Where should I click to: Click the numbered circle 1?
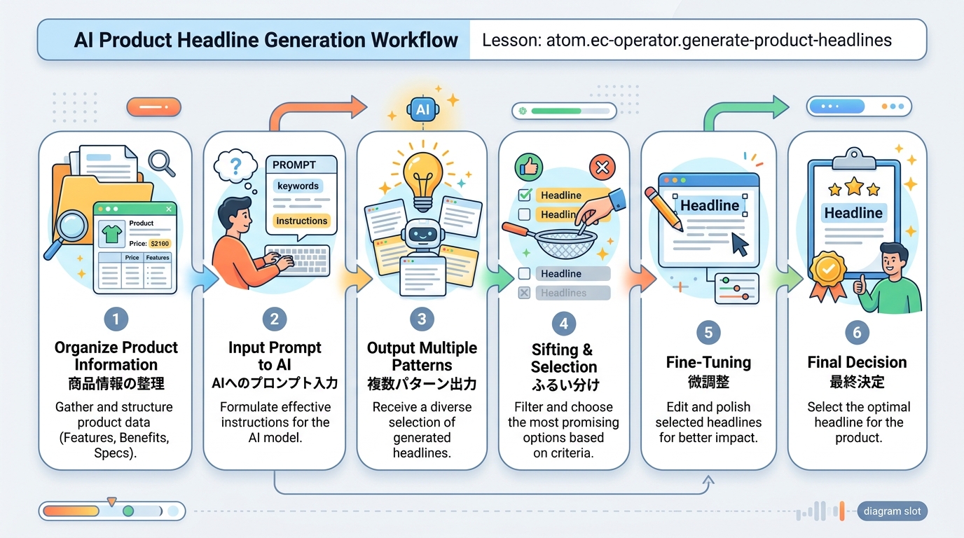pyautogui.click(x=116, y=320)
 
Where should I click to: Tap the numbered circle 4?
pyautogui.click(x=563, y=323)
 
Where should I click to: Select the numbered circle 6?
pyautogui.click(x=857, y=333)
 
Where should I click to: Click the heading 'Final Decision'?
pyautogui.click(x=857, y=362)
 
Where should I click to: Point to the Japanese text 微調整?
pyautogui.click(x=708, y=381)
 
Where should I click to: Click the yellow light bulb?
pyautogui.click(x=422, y=175)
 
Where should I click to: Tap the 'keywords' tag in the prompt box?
pyautogui.click(x=298, y=186)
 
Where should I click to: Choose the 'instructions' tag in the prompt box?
pyautogui.click(x=301, y=221)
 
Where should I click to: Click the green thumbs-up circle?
pyautogui.click(x=529, y=167)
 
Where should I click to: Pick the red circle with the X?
pyautogui.click(x=602, y=167)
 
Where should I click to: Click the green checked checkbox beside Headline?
pyautogui.click(x=524, y=195)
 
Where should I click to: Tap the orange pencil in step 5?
pyautogui.click(x=663, y=207)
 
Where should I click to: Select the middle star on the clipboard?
pyautogui.click(x=853, y=186)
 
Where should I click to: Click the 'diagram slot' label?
pyautogui.click(x=892, y=511)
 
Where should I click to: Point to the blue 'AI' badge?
pyautogui.click(x=422, y=109)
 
